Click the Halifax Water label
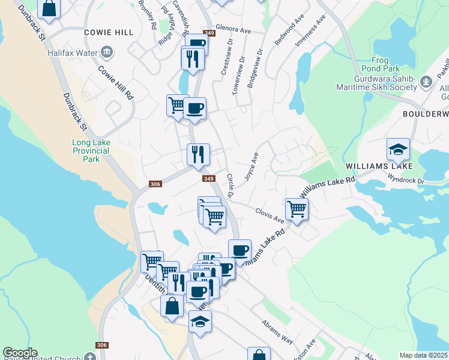click(x=73, y=52)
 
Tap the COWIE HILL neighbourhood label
click(x=109, y=32)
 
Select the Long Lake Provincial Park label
click(x=91, y=151)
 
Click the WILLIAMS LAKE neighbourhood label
click(x=379, y=166)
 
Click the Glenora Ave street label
click(x=234, y=29)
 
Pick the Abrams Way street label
click(x=277, y=331)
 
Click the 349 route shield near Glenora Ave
click(x=209, y=33)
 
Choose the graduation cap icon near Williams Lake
click(x=399, y=149)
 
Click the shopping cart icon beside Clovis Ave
click(x=297, y=209)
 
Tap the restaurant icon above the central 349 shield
click(x=198, y=155)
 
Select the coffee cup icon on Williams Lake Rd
click(x=240, y=250)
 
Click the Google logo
click(x=20, y=353)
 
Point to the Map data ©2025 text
click(x=424, y=355)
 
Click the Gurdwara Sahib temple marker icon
click(x=426, y=80)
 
